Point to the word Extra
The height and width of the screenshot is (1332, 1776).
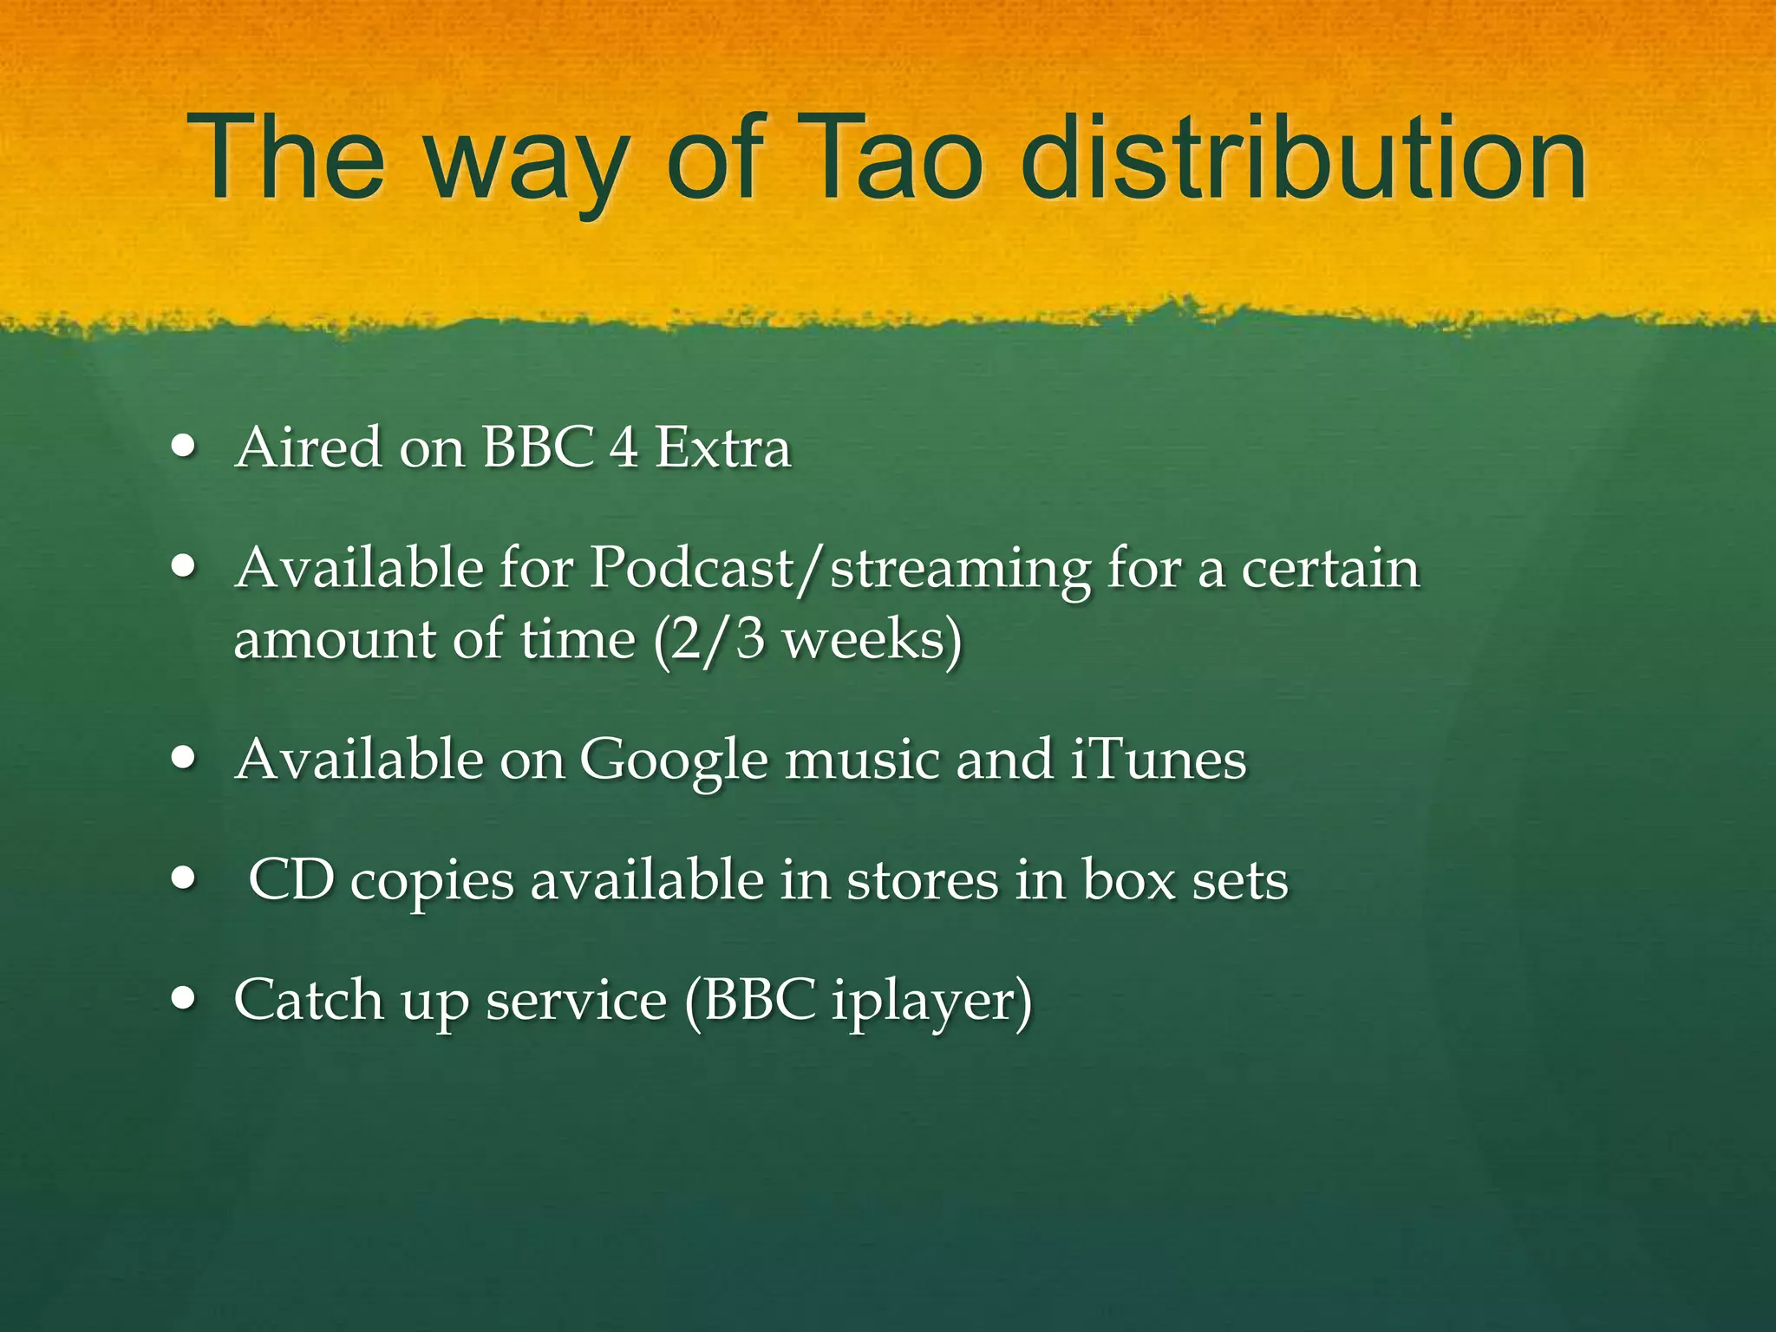722,448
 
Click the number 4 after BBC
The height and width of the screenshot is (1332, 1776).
624,448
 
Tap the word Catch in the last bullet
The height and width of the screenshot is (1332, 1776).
308,1000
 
